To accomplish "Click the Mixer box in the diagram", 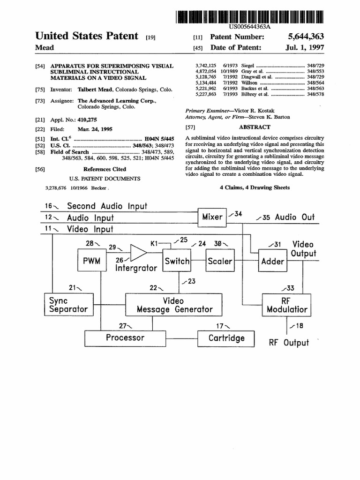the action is [212, 217].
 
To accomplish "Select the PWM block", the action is [92, 260].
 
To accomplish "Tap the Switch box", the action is [177, 260].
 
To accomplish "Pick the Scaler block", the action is [220, 260].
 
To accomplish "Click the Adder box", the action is [273, 261].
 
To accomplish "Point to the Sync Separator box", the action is [69, 305].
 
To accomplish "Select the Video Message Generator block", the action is [173, 305].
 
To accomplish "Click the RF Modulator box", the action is [286, 305].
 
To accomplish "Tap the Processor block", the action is [125, 338].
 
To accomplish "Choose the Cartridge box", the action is [226, 338].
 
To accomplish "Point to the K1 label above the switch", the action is [154, 244].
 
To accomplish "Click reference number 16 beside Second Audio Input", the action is [48, 206].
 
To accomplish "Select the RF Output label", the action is [289, 343].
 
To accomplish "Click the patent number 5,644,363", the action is [306, 37].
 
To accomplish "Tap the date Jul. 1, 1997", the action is [305, 47].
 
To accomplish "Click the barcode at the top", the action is [249, 17].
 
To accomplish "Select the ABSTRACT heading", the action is [255, 127].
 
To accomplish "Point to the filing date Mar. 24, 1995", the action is [95, 129].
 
